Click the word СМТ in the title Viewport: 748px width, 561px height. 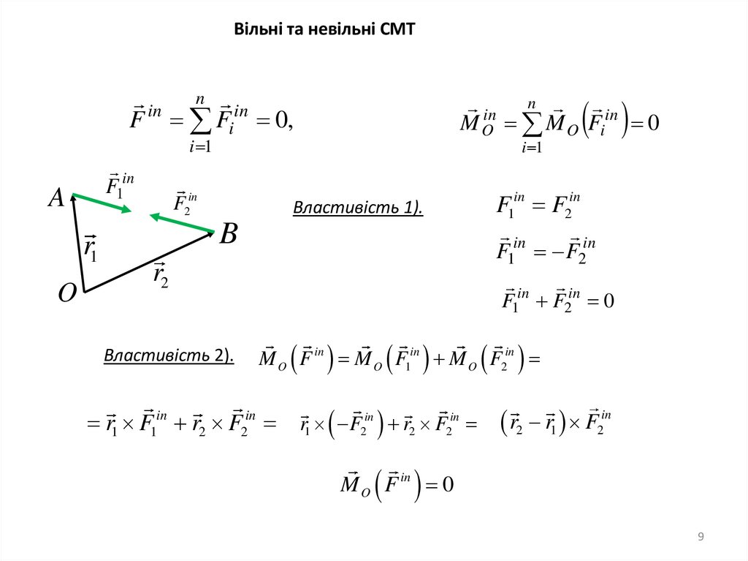397,30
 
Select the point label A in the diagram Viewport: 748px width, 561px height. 56,197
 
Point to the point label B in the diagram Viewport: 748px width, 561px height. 229,235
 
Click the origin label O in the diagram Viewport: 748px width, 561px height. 67,293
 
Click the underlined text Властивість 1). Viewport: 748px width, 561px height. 358,208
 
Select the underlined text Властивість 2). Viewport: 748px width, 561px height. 169,356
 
